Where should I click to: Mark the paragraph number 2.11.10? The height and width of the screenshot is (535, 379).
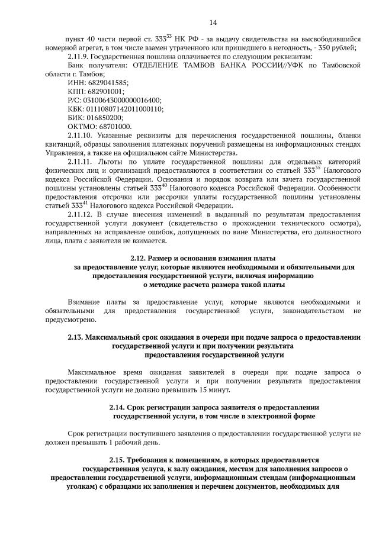point(83,136)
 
